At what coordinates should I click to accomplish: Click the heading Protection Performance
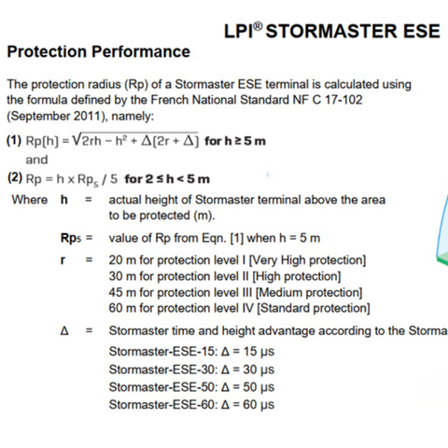click(x=98, y=51)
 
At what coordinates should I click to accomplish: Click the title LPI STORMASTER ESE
click(x=332, y=30)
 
